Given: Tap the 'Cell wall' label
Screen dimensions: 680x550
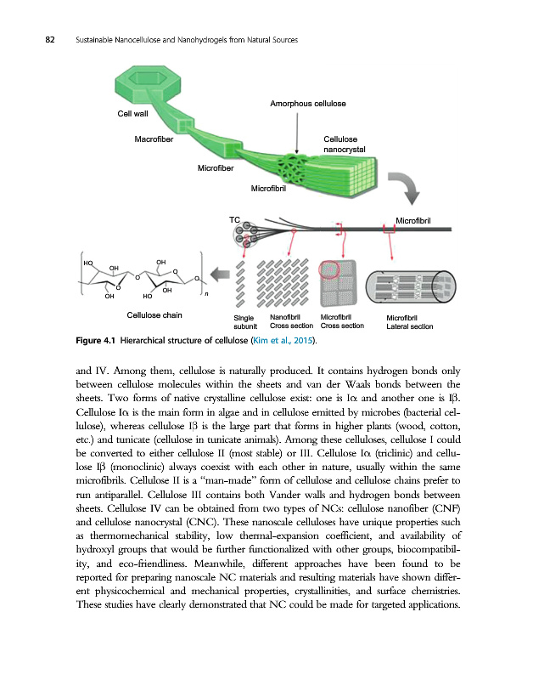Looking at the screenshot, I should (132, 113).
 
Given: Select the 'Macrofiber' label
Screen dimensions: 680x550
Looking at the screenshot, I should (154, 139).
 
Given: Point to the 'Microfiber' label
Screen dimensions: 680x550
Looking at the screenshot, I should (215, 167).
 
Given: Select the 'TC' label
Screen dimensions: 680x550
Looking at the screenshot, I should (235, 220).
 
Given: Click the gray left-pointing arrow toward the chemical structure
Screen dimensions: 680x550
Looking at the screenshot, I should (220, 274).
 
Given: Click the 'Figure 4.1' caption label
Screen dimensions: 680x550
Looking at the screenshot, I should (95, 342).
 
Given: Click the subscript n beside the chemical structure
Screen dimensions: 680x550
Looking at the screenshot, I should (205, 295).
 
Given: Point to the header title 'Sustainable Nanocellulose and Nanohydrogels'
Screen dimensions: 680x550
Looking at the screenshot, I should (170, 40).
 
